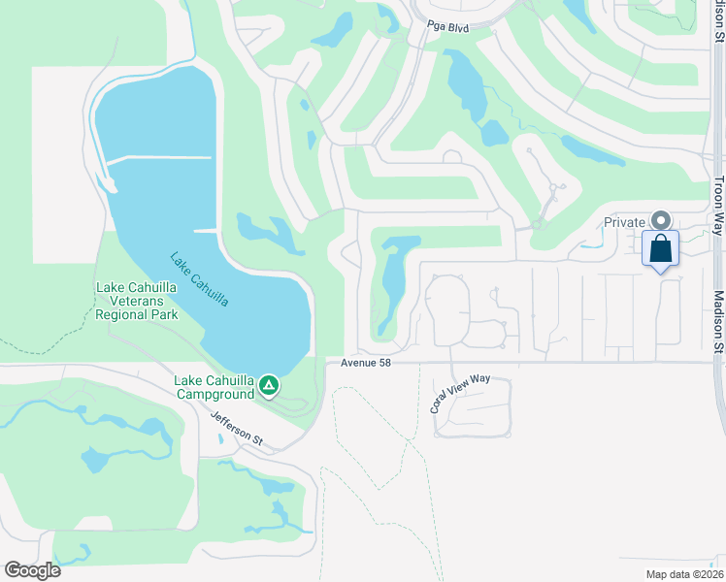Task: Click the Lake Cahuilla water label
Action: (x=199, y=280)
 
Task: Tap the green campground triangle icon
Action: (x=269, y=386)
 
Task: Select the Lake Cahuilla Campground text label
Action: (x=214, y=386)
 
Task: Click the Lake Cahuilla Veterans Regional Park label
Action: (x=137, y=302)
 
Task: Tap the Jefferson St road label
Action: (x=237, y=427)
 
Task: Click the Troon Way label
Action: (x=717, y=205)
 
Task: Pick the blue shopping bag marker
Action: (x=660, y=249)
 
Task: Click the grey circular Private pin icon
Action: (x=660, y=221)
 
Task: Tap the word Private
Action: (x=624, y=222)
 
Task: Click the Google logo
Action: (x=32, y=569)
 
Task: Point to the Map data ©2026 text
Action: (x=682, y=573)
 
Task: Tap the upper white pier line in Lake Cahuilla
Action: (x=160, y=158)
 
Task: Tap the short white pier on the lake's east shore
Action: (x=205, y=230)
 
